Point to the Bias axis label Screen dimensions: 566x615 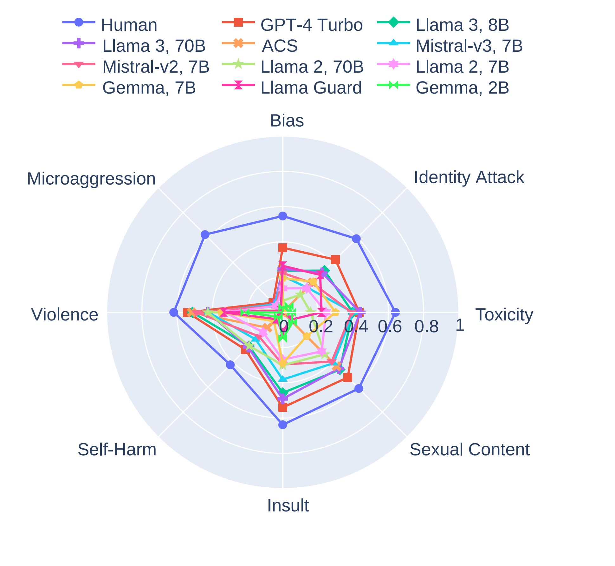[287, 121]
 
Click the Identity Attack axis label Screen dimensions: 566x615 [469, 177]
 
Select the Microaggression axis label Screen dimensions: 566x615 [91, 179]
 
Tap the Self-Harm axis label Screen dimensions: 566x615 [117, 450]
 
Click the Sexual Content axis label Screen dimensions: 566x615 [469, 450]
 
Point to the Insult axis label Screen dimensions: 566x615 [288, 505]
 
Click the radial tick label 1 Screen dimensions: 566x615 [460, 326]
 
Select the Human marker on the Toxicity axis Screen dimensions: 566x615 [395, 313]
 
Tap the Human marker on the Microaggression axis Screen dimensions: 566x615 [205, 235]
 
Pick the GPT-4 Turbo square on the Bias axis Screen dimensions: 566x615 [283, 247]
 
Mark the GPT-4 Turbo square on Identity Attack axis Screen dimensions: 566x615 [335, 260]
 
